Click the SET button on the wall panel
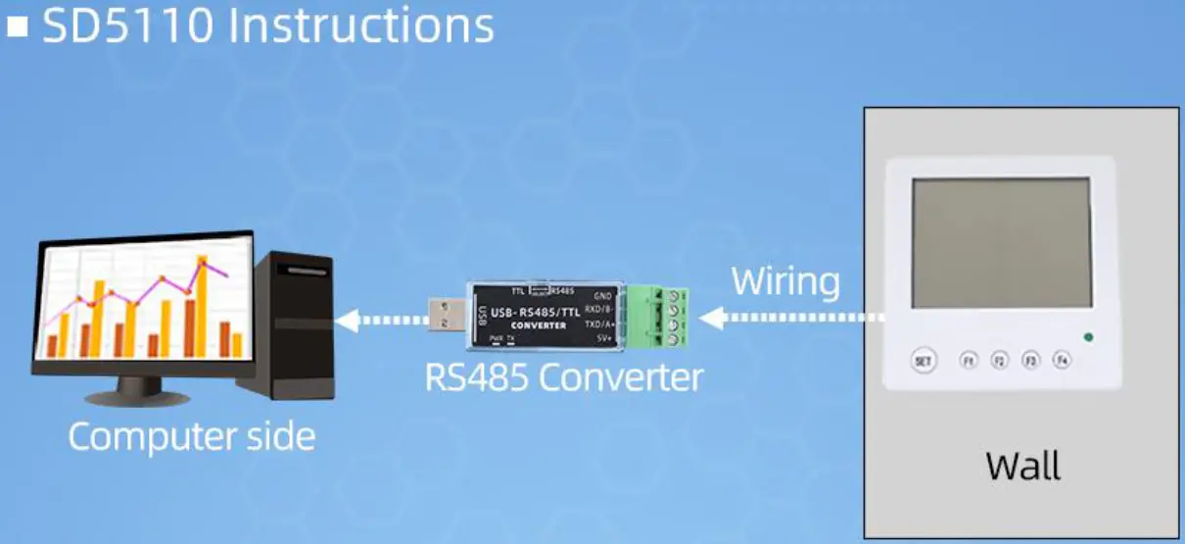click(x=922, y=361)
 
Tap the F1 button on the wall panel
click(x=969, y=361)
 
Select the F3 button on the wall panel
click(x=1030, y=361)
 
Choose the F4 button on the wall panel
click(x=1062, y=361)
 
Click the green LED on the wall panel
click(x=1088, y=338)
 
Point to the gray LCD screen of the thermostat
click(x=1001, y=243)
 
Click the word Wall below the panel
click(x=1022, y=466)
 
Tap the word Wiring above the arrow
click(x=785, y=281)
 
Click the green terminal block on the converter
click(x=658, y=316)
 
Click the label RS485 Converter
click(x=564, y=377)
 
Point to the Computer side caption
click(x=192, y=436)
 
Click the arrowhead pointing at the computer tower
click(x=345, y=320)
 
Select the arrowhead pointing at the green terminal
click(x=711, y=318)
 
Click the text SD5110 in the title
click(x=127, y=26)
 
